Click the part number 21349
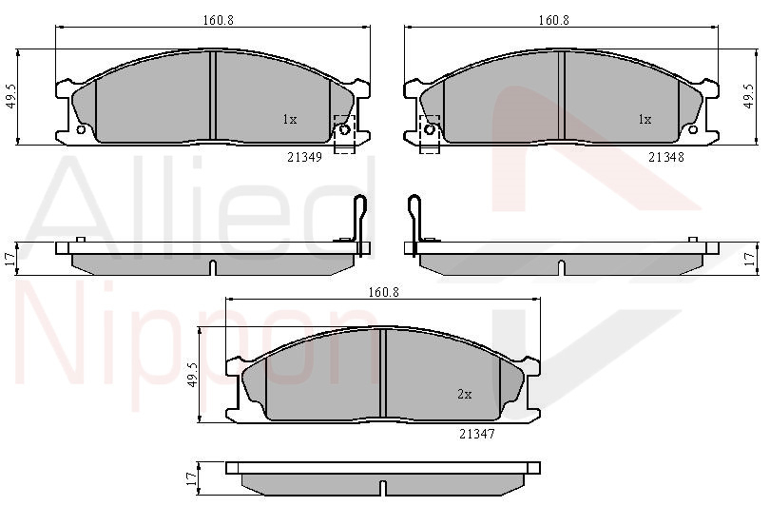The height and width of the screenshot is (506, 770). [x=304, y=157]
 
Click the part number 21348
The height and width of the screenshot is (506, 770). [x=665, y=157]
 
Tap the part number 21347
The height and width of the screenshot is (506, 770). [x=477, y=434]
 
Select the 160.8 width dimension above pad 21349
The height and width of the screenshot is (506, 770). [x=219, y=20]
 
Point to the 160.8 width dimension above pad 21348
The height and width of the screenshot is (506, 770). [x=554, y=20]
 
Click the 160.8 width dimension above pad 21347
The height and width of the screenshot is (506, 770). [x=384, y=292]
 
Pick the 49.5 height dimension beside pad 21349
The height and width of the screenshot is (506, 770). [x=11, y=96]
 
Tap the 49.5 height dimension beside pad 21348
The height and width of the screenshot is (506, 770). [x=748, y=96]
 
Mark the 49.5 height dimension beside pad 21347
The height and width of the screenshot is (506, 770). [x=192, y=376]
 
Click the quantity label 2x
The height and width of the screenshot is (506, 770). [x=465, y=394]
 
